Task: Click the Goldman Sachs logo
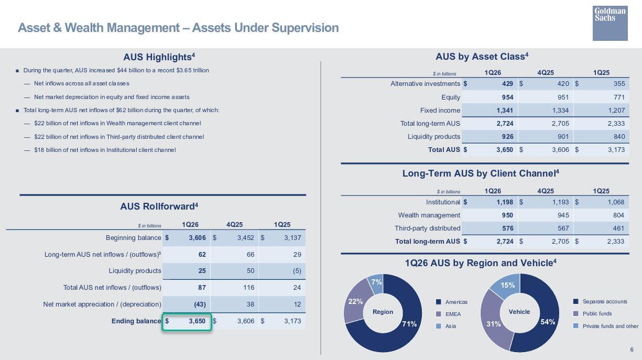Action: pyautogui.click(x=610, y=23)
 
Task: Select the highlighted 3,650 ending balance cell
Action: pyautogui.click(x=187, y=321)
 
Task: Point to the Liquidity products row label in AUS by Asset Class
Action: pyautogui.click(x=433, y=137)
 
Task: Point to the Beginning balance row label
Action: pyautogui.click(x=133, y=238)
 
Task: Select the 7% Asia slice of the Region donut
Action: pyautogui.click(x=376, y=282)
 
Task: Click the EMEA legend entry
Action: pyautogui.click(x=453, y=314)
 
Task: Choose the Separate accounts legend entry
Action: pyautogui.click(x=604, y=301)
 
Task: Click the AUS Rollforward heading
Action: pyautogui.click(x=159, y=206)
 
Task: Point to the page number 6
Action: pyautogui.click(x=632, y=350)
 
